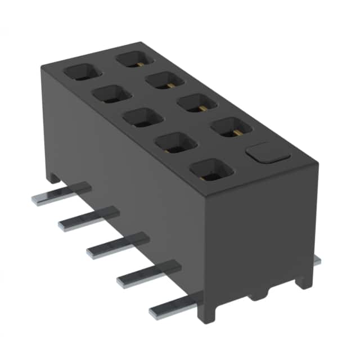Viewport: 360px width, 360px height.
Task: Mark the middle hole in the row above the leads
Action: click(143, 118)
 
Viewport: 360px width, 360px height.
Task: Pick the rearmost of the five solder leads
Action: click(59, 195)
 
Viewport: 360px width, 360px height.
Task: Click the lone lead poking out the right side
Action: click(316, 260)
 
